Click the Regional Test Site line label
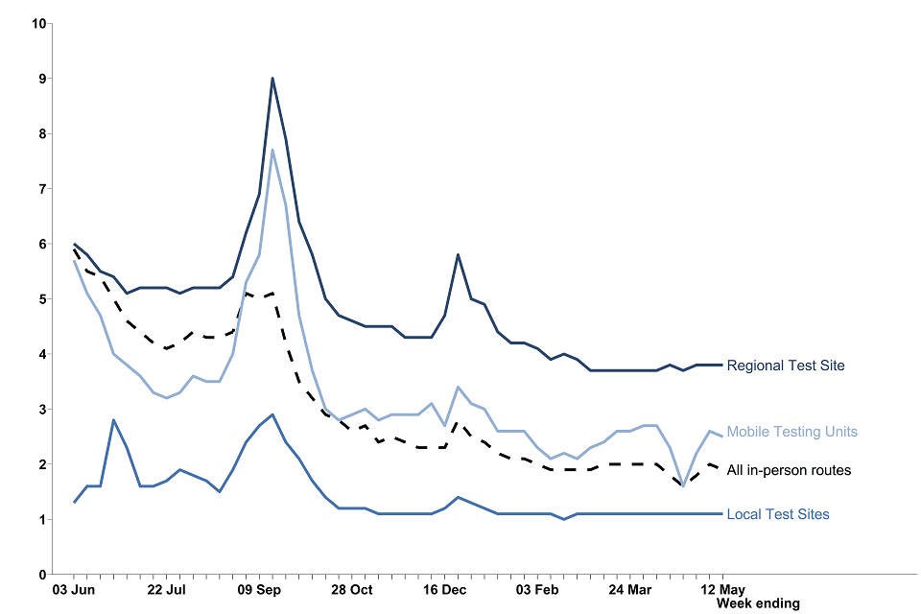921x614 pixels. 786,366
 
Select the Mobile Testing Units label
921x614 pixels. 792,432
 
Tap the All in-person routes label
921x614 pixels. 789,470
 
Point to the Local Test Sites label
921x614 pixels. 778,515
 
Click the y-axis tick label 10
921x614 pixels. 39,23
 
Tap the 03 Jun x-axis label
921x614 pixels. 74,589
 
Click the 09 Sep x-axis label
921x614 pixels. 260,589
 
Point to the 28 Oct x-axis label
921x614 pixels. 352,589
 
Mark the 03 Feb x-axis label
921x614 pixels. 537,589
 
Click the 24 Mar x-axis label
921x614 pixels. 629,589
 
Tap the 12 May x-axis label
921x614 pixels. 722,589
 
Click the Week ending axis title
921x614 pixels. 758,603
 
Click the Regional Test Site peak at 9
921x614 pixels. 272,79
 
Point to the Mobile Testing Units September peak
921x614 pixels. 272,150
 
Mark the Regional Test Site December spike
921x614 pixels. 459,255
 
